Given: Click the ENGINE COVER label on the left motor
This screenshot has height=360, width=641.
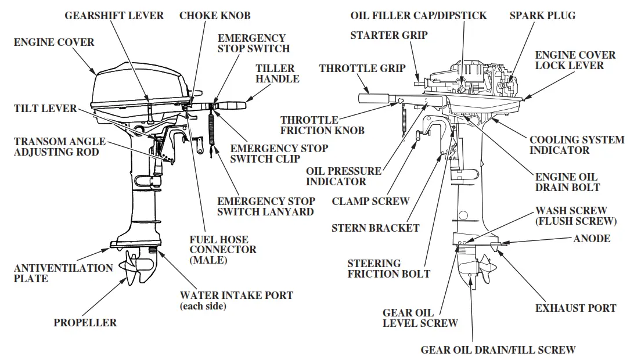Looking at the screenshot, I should click(x=54, y=42).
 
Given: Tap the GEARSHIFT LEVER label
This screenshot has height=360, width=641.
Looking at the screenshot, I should click(x=114, y=16).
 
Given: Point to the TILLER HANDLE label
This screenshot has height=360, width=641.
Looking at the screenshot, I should click(x=278, y=74).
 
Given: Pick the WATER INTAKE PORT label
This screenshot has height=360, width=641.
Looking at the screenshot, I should click(x=236, y=296).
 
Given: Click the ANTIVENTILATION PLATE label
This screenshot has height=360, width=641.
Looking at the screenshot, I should click(x=63, y=273).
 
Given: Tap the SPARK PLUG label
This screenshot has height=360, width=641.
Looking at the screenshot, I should click(x=542, y=16).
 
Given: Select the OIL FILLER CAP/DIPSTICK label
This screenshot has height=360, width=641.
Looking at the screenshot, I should click(x=419, y=16).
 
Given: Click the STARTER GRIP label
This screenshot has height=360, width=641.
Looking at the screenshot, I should click(x=389, y=35).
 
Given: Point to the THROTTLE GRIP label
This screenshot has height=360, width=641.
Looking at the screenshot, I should click(x=362, y=69).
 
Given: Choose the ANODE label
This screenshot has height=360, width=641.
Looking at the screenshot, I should click(x=592, y=239).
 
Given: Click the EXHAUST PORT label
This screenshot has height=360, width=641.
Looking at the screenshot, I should click(x=575, y=308).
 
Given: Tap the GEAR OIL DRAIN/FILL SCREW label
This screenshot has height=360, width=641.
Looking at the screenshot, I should click(x=498, y=350).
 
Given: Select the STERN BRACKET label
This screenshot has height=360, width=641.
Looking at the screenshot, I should click(x=375, y=228).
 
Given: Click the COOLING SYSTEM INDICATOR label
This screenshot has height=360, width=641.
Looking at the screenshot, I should click(x=577, y=145).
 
